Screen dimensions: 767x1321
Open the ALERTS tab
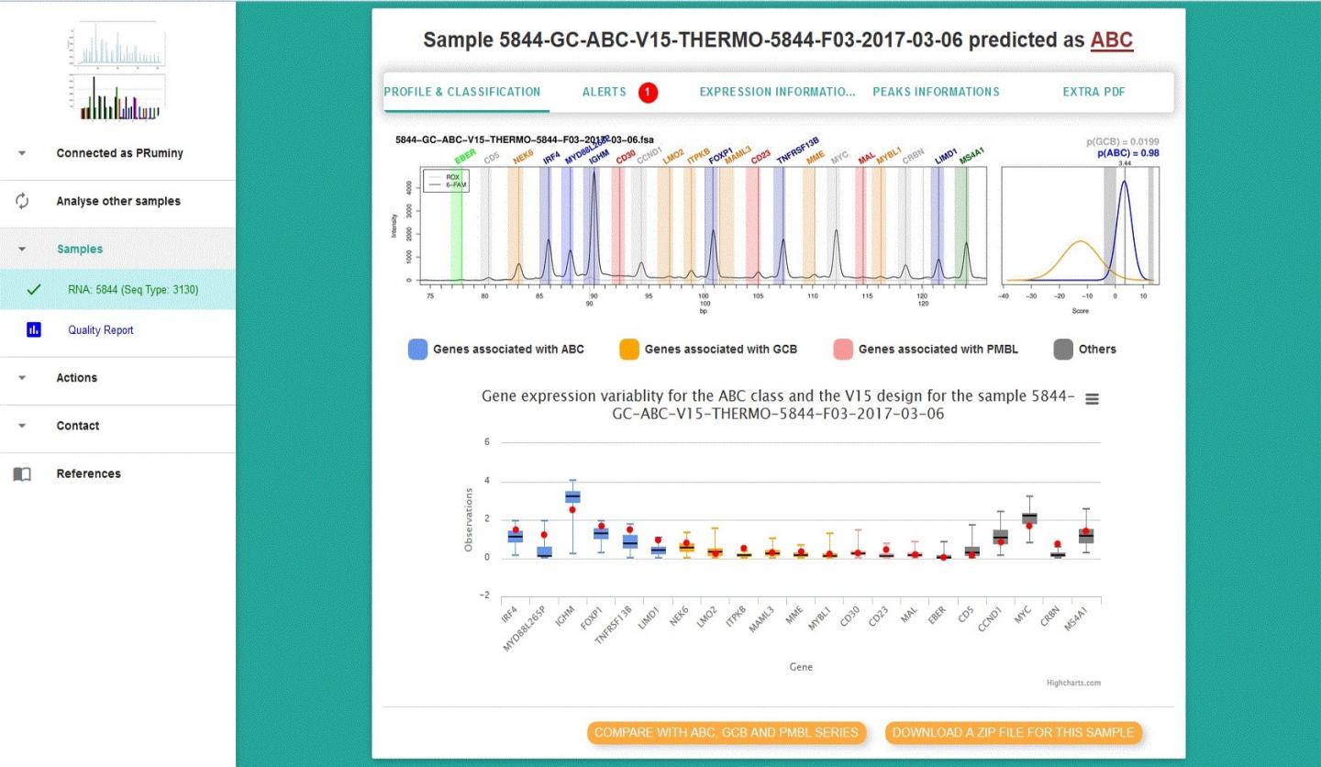tap(604, 92)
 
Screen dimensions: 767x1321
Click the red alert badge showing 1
tap(648, 92)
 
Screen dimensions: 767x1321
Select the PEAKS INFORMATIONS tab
tap(936, 92)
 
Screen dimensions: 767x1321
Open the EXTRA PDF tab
tap(1093, 92)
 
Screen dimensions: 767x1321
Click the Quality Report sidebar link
tap(100, 330)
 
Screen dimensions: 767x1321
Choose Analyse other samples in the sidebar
tap(118, 201)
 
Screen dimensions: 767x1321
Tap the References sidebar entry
tap(88, 473)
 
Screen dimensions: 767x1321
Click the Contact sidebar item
tap(78, 426)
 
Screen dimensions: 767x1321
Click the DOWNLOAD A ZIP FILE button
tap(1014, 732)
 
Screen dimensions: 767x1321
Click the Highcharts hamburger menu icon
tap(1091, 398)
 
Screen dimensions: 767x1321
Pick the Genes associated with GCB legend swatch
tap(628, 350)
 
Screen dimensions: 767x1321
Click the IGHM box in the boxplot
tap(572, 497)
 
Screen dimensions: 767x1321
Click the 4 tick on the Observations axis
tap(487, 481)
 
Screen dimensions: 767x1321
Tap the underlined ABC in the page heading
tap(1111, 40)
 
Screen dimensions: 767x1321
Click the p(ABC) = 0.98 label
tap(1127, 153)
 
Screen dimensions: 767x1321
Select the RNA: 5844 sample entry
tap(132, 290)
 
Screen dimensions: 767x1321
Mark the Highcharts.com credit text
tap(1073, 683)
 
